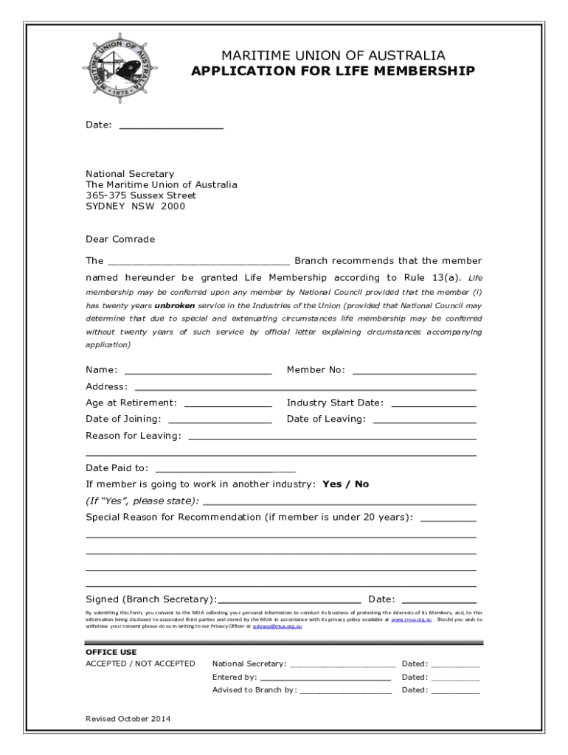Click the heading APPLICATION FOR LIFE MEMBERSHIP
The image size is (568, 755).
point(333,72)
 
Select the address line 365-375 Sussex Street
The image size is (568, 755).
point(141,195)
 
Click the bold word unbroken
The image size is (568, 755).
point(176,305)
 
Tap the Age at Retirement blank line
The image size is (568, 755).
point(227,405)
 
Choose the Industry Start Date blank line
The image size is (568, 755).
point(433,405)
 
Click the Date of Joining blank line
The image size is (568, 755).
point(220,421)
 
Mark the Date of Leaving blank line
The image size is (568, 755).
point(424,421)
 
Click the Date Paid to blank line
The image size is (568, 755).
point(225,470)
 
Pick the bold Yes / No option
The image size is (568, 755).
point(346,484)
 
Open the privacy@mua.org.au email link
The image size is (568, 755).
point(277,626)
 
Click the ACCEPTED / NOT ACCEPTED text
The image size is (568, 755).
point(140,664)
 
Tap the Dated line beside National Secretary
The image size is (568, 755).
point(455,666)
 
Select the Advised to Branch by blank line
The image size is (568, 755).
point(345,692)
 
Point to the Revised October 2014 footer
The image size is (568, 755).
point(128,718)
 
